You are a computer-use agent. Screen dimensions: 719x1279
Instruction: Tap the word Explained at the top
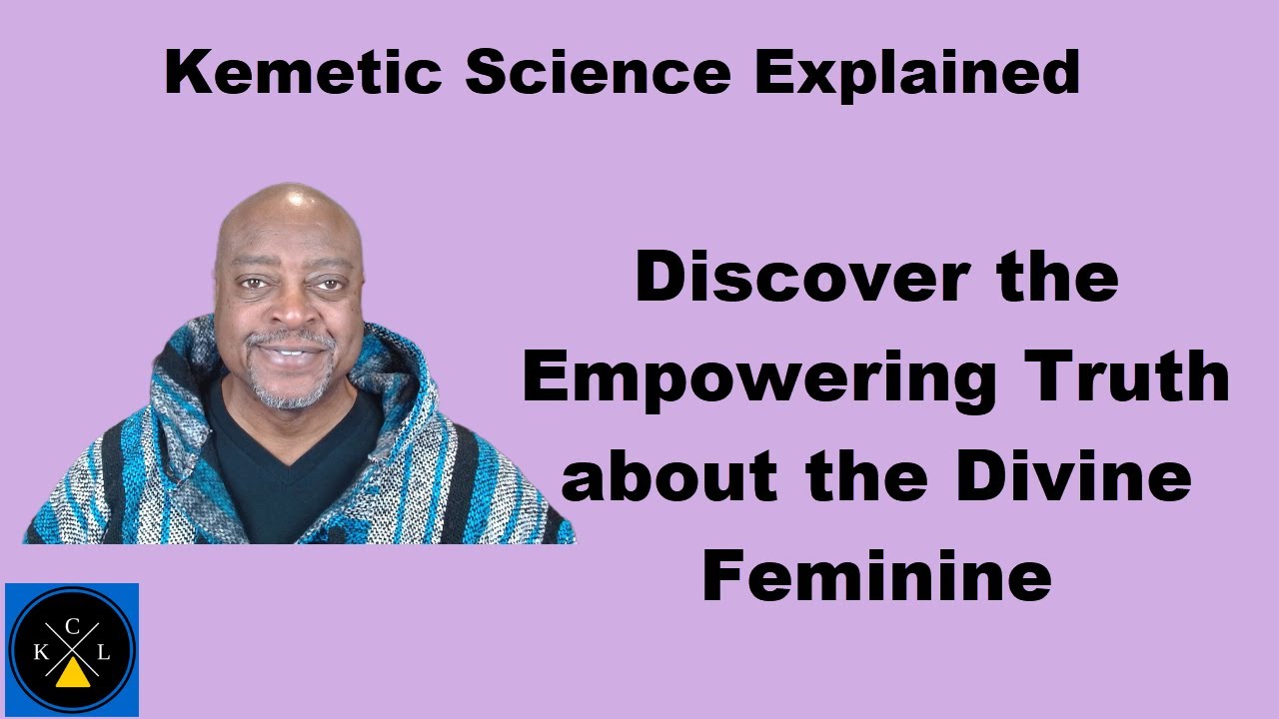coord(917,75)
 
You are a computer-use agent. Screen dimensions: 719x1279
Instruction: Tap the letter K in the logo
coord(40,653)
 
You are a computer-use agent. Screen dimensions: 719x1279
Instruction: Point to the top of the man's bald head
coord(290,195)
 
